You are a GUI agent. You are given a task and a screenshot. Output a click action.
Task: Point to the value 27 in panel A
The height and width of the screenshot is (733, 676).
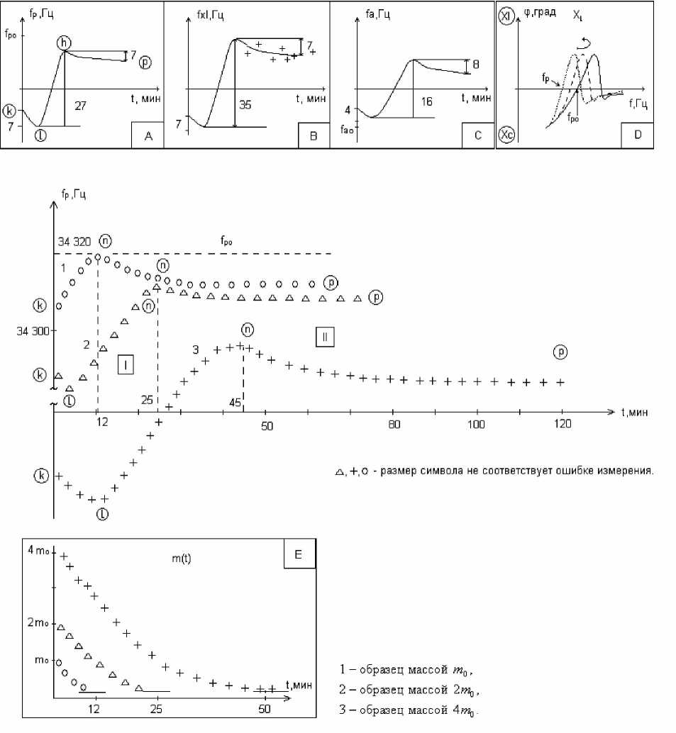(x=80, y=104)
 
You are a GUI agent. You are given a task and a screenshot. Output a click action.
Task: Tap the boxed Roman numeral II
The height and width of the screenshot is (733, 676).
(x=324, y=337)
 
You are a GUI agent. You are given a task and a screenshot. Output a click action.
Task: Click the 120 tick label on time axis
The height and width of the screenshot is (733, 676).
(x=562, y=424)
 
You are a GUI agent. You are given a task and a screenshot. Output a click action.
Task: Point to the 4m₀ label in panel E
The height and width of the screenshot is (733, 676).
(x=37, y=552)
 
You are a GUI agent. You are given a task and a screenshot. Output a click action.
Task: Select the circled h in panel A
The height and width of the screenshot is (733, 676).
(x=65, y=43)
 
